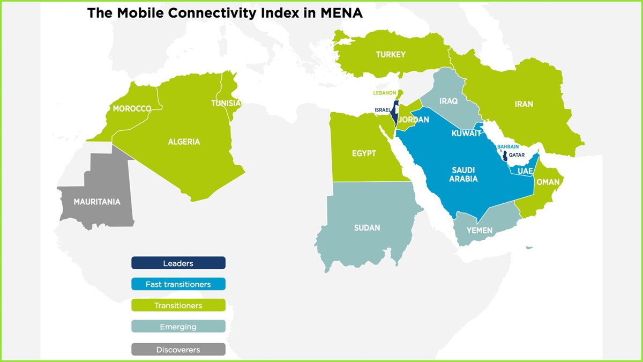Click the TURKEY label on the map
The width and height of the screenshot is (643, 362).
pyautogui.click(x=391, y=55)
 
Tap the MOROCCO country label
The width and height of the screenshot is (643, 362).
pyautogui.click(x=132, y=109)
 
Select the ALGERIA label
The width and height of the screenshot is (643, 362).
pyautogui.click(x=184, y=142)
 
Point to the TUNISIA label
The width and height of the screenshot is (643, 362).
pyautogui.click(x=226, y=104)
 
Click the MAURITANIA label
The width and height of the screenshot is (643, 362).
pyautogui.click(x=89, y=202)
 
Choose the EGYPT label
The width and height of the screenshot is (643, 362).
pyautogui.click(x=364, y=153)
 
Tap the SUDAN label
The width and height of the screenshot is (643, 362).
pyautogui.click(x=367, y=228)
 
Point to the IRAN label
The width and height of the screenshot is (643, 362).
pyautogui.click(x=524, y=104)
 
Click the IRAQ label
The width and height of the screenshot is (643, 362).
pyautogui.click(x=448, y=101)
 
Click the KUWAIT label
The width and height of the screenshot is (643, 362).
pyautogui.click(x=466, y=134)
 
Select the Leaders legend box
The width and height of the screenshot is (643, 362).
pyautogui.click(x=178, y=263)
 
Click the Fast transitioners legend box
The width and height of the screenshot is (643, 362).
pyautogui.click(x=178, y=284)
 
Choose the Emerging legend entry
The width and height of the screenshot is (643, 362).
pyautogui.click(x=178, y=327)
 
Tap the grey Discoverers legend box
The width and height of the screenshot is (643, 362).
pyautogui.click(x=178, y=350)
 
